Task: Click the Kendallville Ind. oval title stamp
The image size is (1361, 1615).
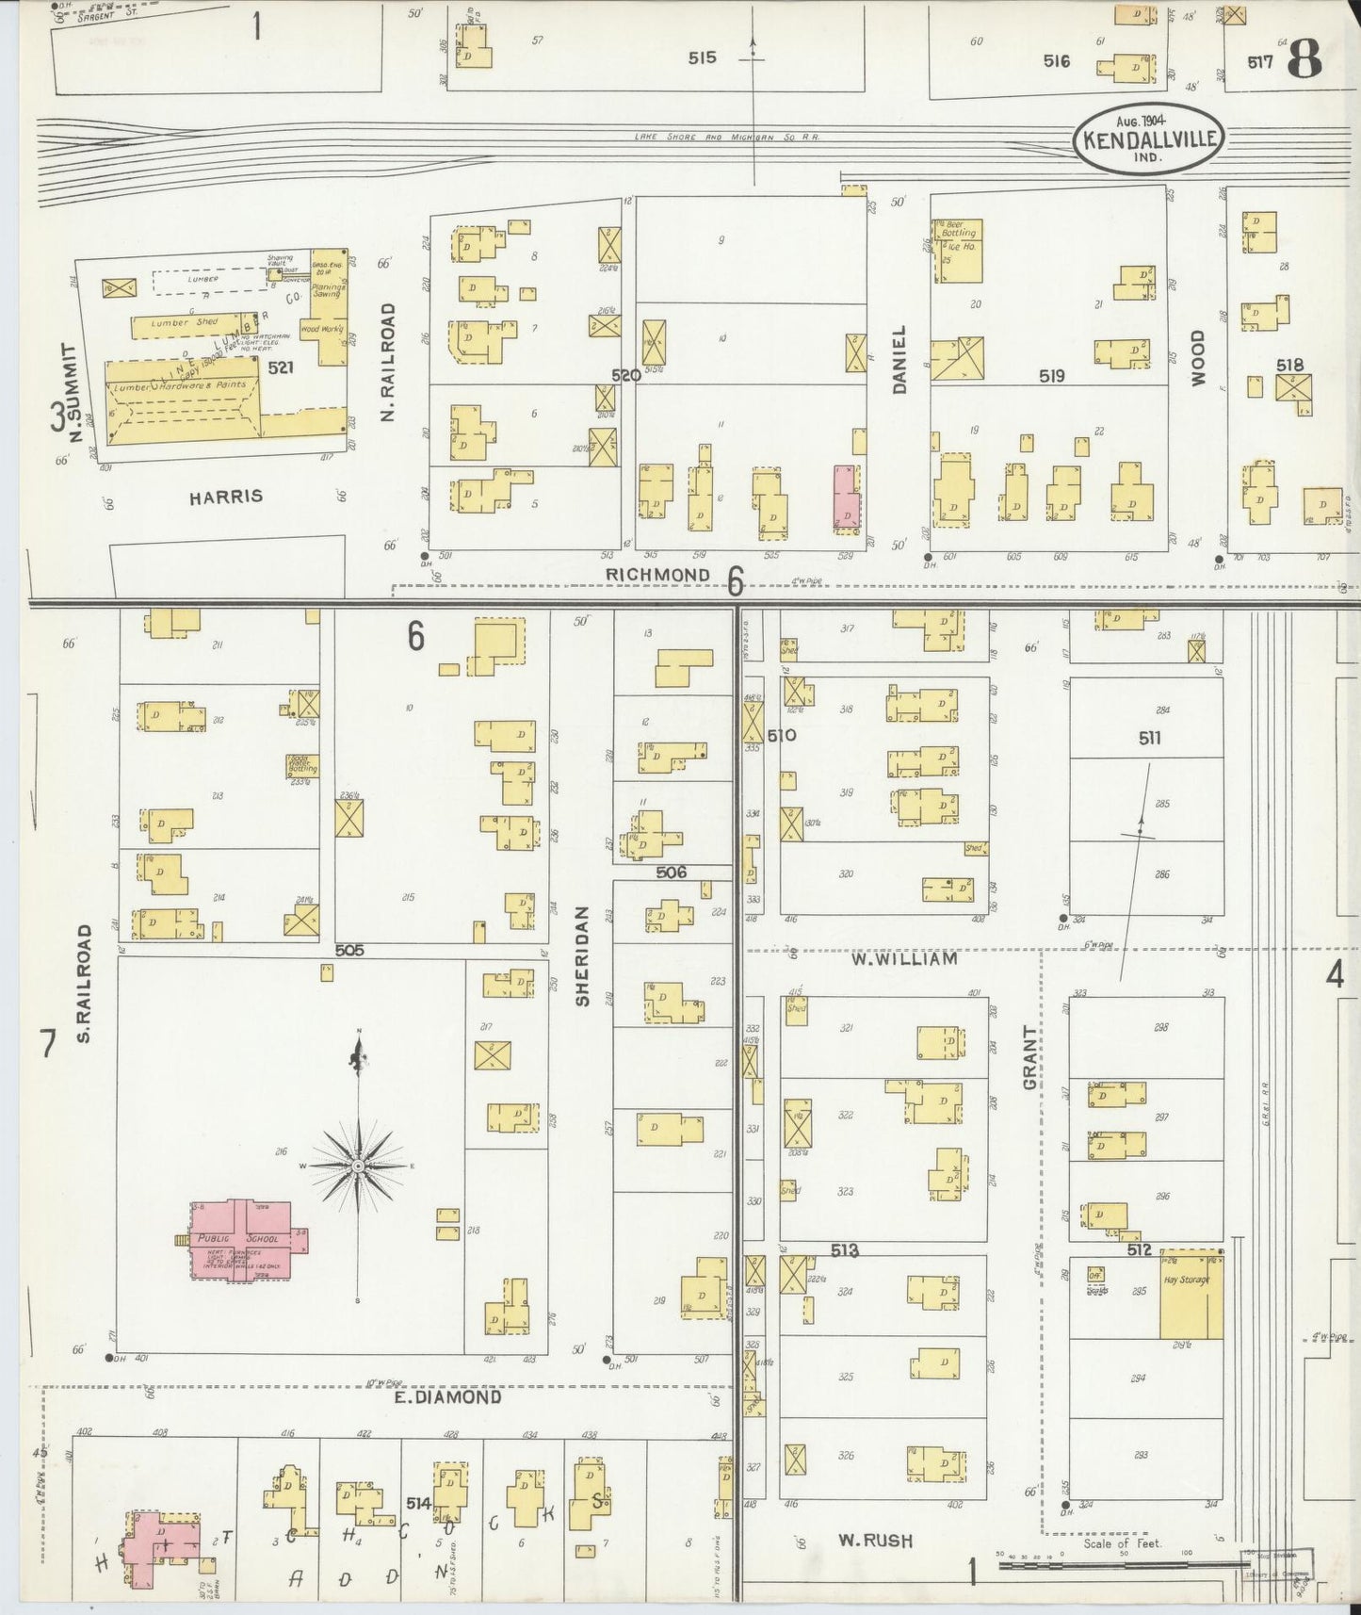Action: pyautogui.click(x=1147, y=139)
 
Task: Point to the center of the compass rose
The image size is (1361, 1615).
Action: pyautogui.click(x=358, y=1166)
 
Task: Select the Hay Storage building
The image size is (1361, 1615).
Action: pyautogui.click(x=1190, y=1296)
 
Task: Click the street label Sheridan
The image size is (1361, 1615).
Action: pyautogui.click(x=582, y=956)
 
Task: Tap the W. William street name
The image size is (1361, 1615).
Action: pyautogui.click(x=904, y=959)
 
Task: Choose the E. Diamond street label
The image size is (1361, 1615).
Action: pyautogui.click(x=447, y=1398)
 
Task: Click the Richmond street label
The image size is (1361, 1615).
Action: pyautogui.click(x=657, y=575)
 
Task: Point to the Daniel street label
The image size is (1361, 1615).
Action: pyautogui.click(x=899, y=360)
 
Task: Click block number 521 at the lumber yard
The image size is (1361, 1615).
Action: pyautogui.click(x=281, y=367)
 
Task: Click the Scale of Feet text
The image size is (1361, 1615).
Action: pyautogui.click(x=1123, y=1543)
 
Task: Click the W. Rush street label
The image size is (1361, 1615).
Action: pyautogui.click(x=876, y=1542)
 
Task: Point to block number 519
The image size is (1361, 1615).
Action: pyautogui.click(x=1051, y=376)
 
